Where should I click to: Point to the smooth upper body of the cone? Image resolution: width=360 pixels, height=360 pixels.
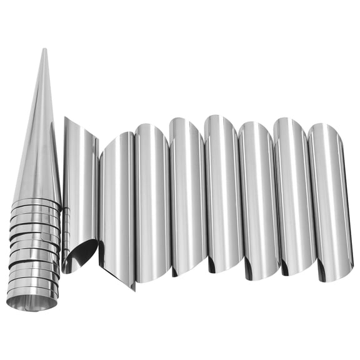(x=41, y=137)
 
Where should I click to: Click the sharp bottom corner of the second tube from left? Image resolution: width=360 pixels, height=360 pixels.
(x=132, y=288)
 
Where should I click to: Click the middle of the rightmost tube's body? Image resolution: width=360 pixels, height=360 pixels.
(x=328, y=200)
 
